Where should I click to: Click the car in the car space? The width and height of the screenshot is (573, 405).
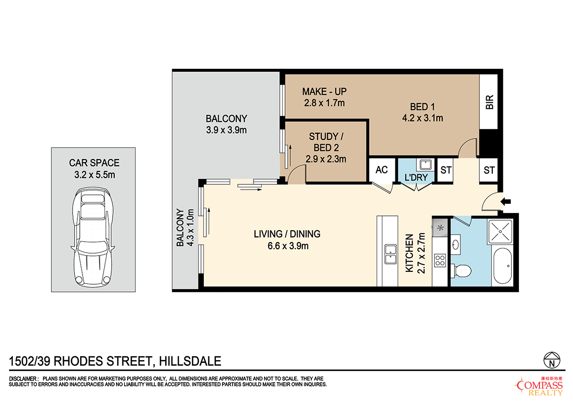(x=94, y=238)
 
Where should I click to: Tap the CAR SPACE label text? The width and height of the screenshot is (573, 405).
(x=94, y=163)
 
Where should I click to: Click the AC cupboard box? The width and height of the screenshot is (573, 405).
(x=381, y=170)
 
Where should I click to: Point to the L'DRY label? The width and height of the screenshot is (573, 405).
(x=418, y=178)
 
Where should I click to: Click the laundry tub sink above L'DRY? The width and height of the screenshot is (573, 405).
(x=424, y=165)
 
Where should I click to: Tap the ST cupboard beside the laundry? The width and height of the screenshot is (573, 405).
(x=446, y=170)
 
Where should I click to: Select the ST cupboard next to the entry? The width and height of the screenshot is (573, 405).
(x=489, y=170)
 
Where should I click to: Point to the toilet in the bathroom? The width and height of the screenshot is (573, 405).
(x=462, y=271)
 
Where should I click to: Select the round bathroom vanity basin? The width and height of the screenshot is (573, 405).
(x=455, y=245)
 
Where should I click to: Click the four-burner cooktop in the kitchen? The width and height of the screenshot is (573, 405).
(x=440, y=260)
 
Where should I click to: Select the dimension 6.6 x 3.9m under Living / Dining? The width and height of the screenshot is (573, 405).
(x=287, y=246)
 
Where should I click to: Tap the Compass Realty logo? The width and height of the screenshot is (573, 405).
(x=540, y=385)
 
